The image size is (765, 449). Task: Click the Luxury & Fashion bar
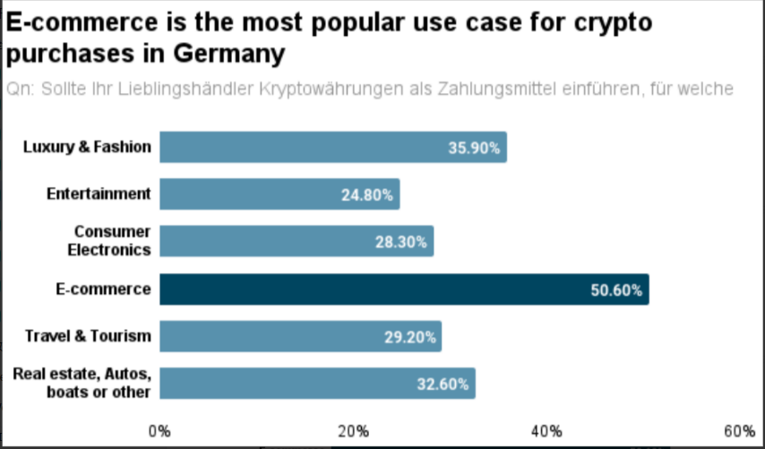[332, 147]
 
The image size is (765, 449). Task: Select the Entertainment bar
[279, 194]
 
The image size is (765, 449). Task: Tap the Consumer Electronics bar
[297, 241]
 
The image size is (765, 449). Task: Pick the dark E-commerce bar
[404, 289]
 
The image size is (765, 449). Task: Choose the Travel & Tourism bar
[300, 337]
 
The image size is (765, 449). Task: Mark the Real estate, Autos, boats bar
[317, 384]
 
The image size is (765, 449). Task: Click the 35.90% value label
[474, 148]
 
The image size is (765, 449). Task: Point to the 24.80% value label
[367, 195]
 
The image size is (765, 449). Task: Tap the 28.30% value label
[400, 242]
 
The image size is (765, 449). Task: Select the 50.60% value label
[616, 290]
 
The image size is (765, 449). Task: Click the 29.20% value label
[409, 338]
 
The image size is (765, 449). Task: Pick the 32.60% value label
[443, 384]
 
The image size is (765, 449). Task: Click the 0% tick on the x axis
[159, 430]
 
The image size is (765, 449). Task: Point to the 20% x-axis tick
[354, 430]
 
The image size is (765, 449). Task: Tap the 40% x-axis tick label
[547, 430]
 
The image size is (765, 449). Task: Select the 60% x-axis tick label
[740, 430]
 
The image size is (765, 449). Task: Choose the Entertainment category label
[99, 194]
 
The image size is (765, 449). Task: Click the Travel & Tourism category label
[88, 336]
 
